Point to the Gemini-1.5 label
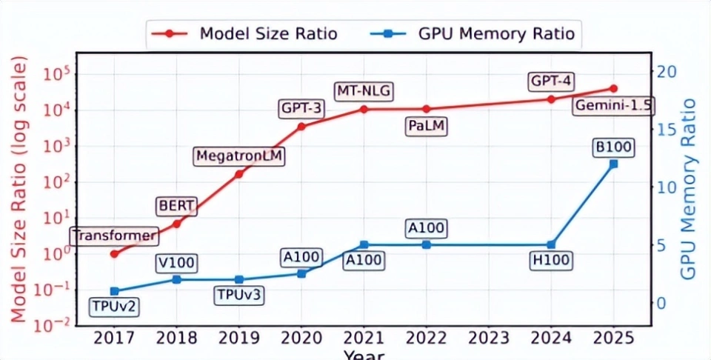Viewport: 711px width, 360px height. coord(612,106)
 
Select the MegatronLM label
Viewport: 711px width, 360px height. coord(239,156)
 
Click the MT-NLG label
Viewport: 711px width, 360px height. coord(363,91)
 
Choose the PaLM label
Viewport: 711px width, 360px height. coord(427,126)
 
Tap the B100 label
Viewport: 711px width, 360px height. coord(613,147)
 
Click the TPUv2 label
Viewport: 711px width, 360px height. coord(114,305)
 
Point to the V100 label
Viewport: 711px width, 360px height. coord(176,262)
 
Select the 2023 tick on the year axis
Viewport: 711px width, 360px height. coord(488,339)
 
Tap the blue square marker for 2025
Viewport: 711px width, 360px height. coord(613,164)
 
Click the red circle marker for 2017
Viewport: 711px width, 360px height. coord(114,254)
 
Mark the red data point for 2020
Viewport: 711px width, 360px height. coord(301,126)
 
